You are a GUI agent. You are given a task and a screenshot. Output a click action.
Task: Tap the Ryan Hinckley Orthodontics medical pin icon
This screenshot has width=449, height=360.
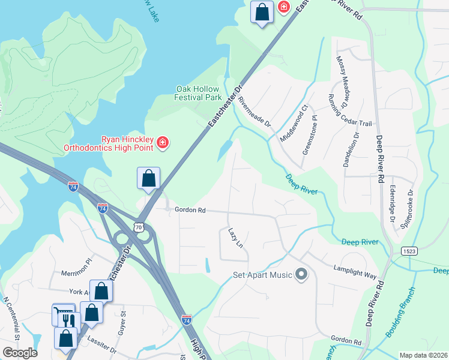(x=162, y=143)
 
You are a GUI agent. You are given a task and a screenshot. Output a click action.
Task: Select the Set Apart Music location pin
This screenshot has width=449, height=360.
(x=301, y=275)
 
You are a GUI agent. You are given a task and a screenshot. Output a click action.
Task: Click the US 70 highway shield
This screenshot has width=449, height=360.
(x=139, y=227)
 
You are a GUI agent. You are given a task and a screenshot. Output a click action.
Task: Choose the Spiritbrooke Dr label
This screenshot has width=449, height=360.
(x=411, y=206)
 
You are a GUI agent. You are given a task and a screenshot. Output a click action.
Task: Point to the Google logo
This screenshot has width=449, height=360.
(x=20, y=353)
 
